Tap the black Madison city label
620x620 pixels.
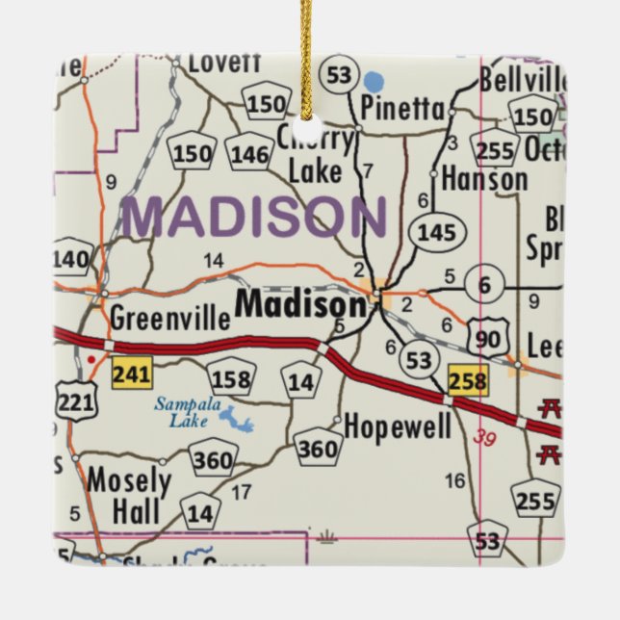[301, 305]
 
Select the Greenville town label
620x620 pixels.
[169, 318]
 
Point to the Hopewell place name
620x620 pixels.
[397, 426]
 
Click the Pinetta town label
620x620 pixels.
[402, 108]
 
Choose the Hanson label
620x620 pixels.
[484, 179]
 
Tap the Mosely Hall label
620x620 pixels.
[128, 495]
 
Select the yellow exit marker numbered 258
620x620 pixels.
[468, 379]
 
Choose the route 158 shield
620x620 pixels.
[229, 377]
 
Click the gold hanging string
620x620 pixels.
[308, 48]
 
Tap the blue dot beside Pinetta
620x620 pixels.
[374, 81]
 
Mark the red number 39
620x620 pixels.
[488, 437]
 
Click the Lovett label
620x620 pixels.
[223, 63]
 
